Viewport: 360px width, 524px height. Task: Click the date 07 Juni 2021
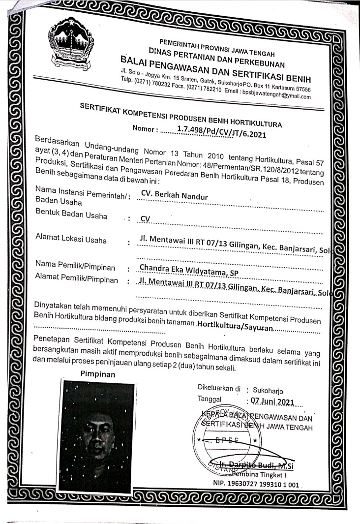click(x=272, y=401)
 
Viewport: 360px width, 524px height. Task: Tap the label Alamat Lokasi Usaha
click(x=71, y=240)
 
